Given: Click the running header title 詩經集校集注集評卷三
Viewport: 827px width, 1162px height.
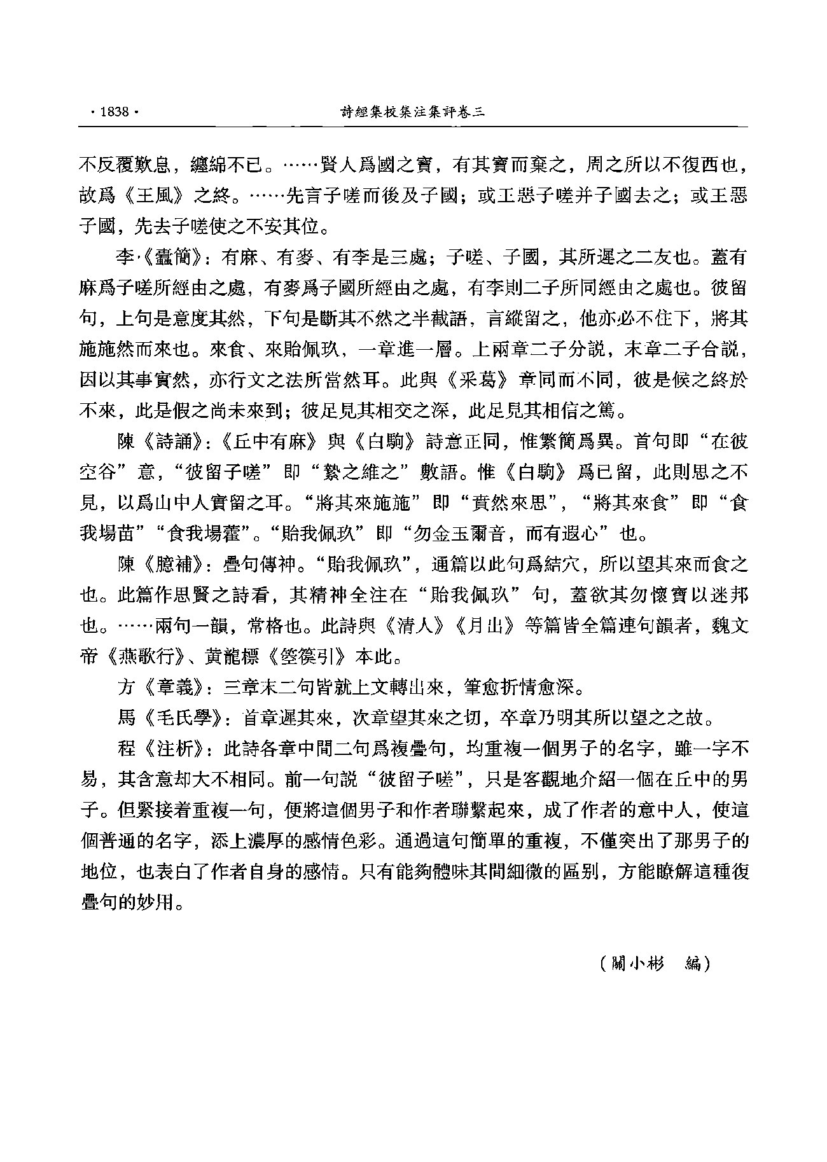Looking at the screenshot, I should (x=413, y=113).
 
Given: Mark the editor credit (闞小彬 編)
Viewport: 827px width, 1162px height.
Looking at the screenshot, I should (x=655, y=964).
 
